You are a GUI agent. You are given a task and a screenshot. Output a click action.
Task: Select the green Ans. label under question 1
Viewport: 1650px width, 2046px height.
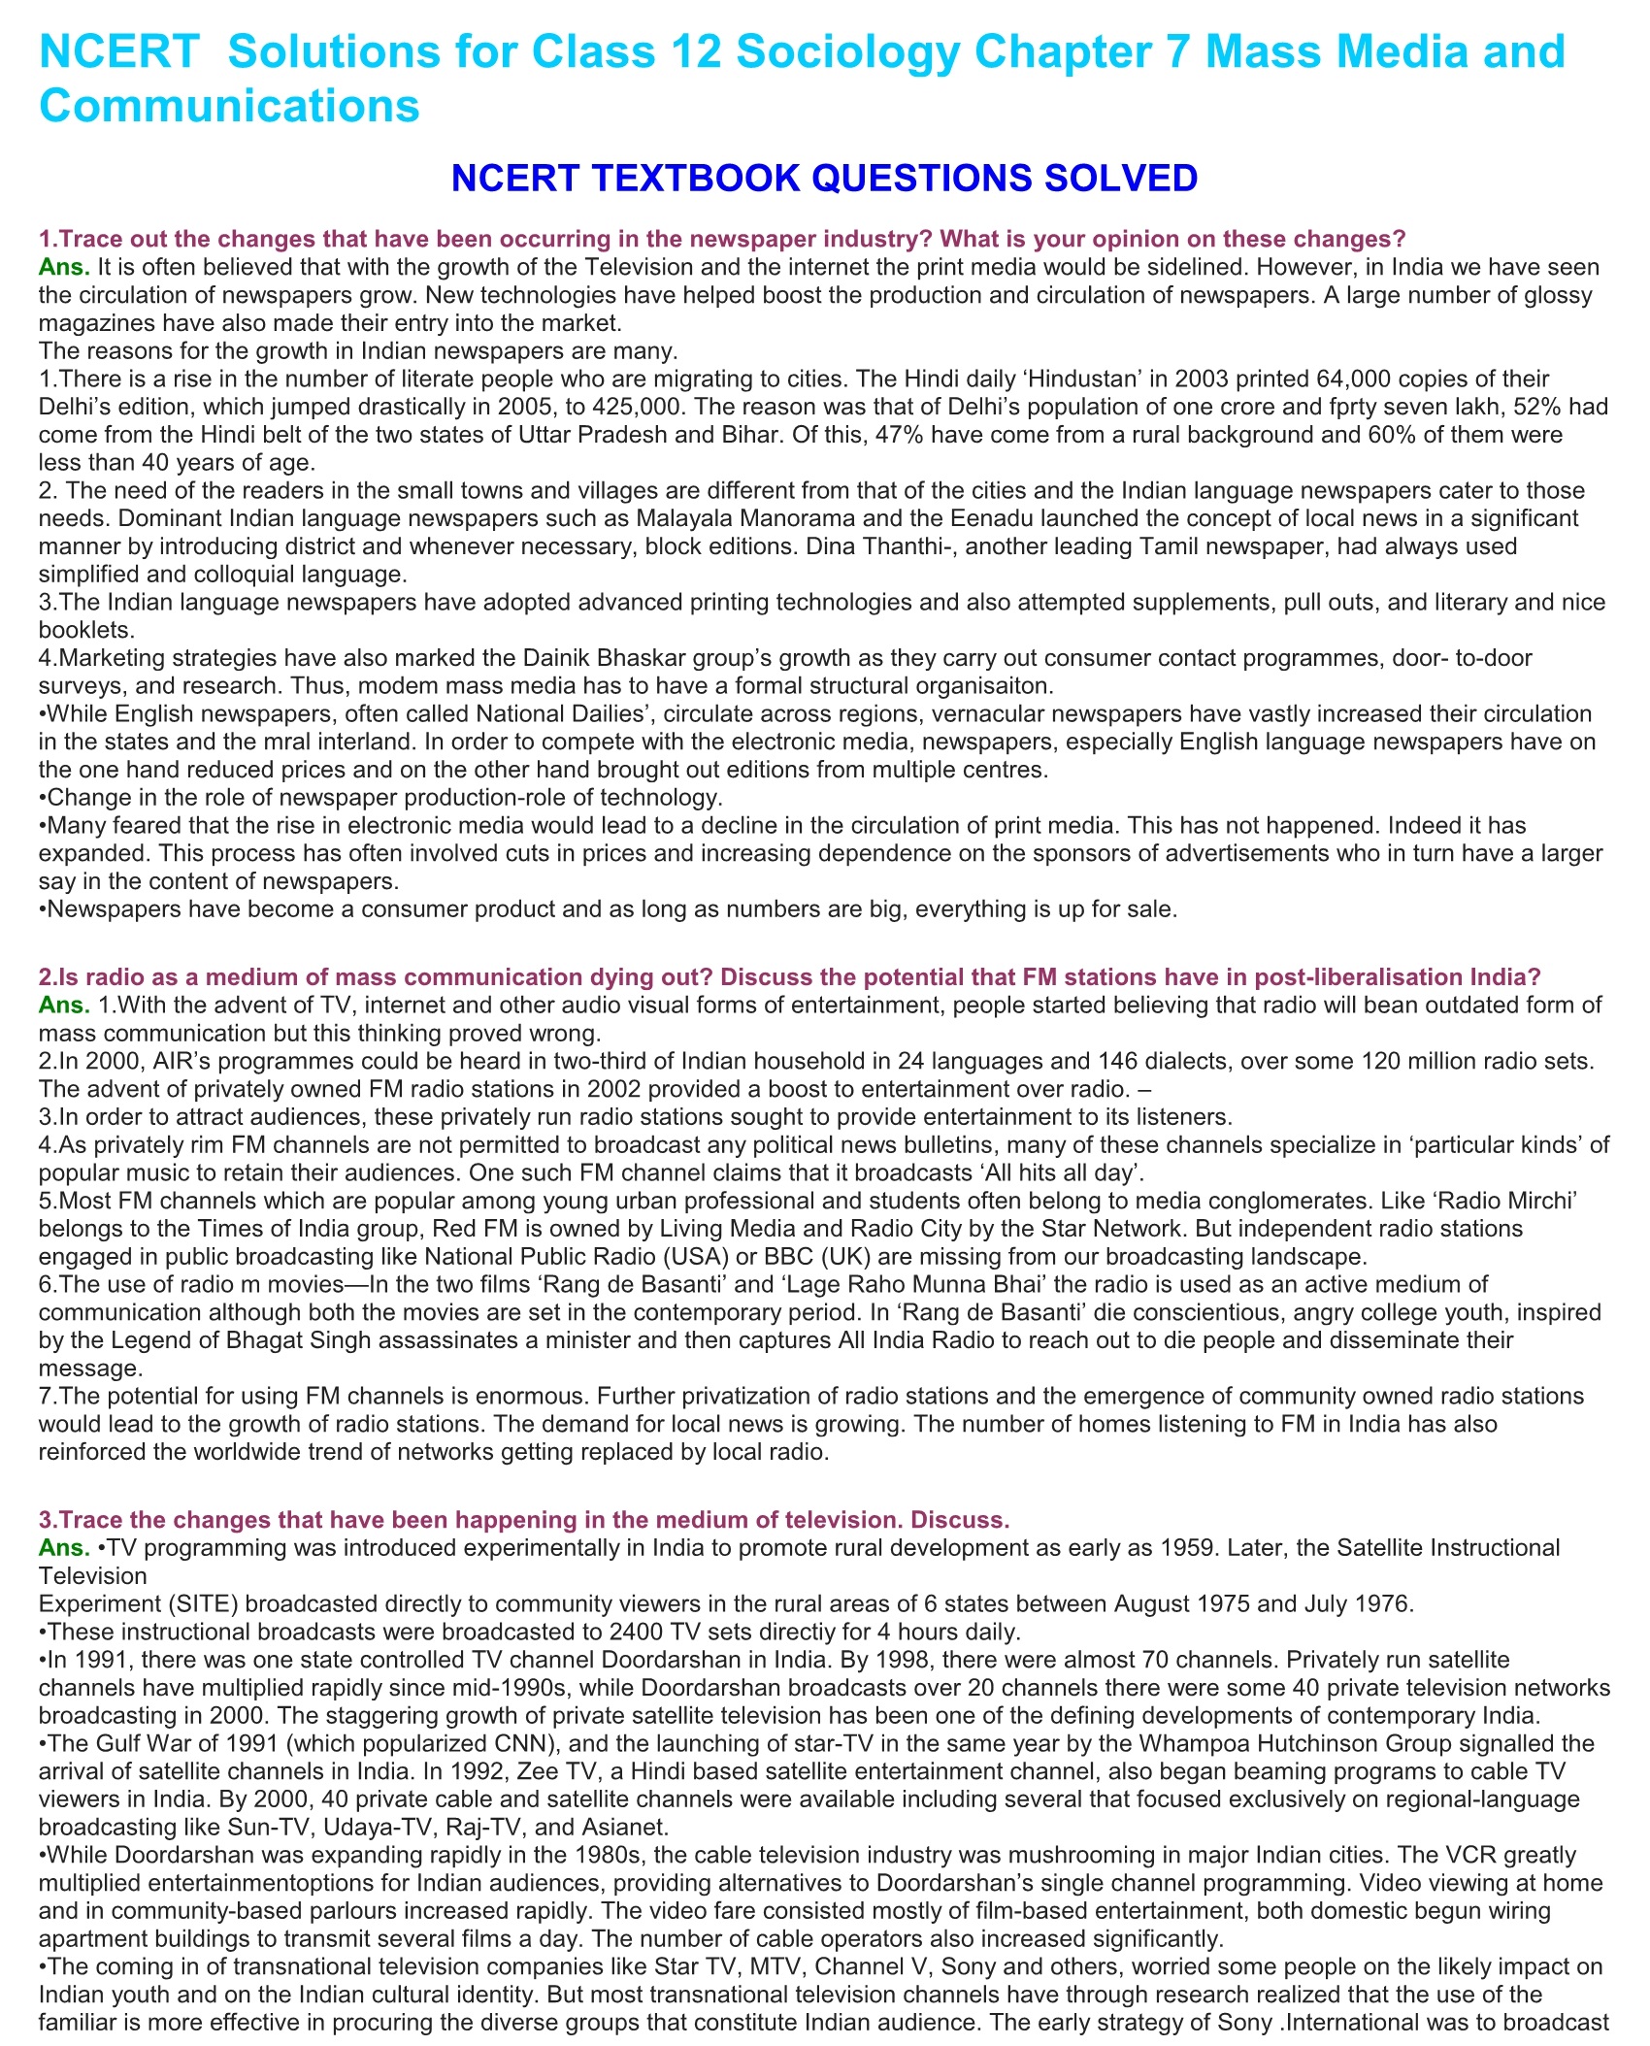[x=64, y=267]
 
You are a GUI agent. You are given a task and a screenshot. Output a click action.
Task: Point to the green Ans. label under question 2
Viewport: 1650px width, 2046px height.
[x=64, y=1006]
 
